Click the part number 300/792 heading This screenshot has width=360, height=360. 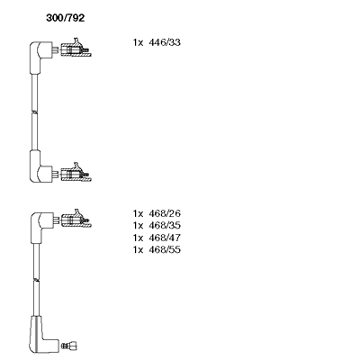coord(66,18)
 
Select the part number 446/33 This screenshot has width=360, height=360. coord(165,42)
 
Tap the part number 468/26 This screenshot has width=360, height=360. coord(165,213)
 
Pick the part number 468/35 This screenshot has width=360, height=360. coord(165,226)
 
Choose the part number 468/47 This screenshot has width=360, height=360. coord(165,238)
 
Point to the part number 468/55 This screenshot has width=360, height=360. coord(165,250)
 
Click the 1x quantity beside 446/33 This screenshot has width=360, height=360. coord(139,42)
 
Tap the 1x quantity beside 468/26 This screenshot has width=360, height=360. coord(139,213)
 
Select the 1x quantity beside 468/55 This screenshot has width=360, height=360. coord(139,250)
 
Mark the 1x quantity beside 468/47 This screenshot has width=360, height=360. coord(139,238)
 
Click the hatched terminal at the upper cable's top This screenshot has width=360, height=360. coord(76,48)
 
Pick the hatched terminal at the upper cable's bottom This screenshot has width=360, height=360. coord(76,173)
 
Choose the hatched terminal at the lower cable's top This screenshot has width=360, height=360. coord(76,219)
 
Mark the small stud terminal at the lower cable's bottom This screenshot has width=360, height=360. coord(69,346)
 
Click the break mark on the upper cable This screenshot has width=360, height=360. coord(35,112)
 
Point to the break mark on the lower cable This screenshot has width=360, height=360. coord(36,280)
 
